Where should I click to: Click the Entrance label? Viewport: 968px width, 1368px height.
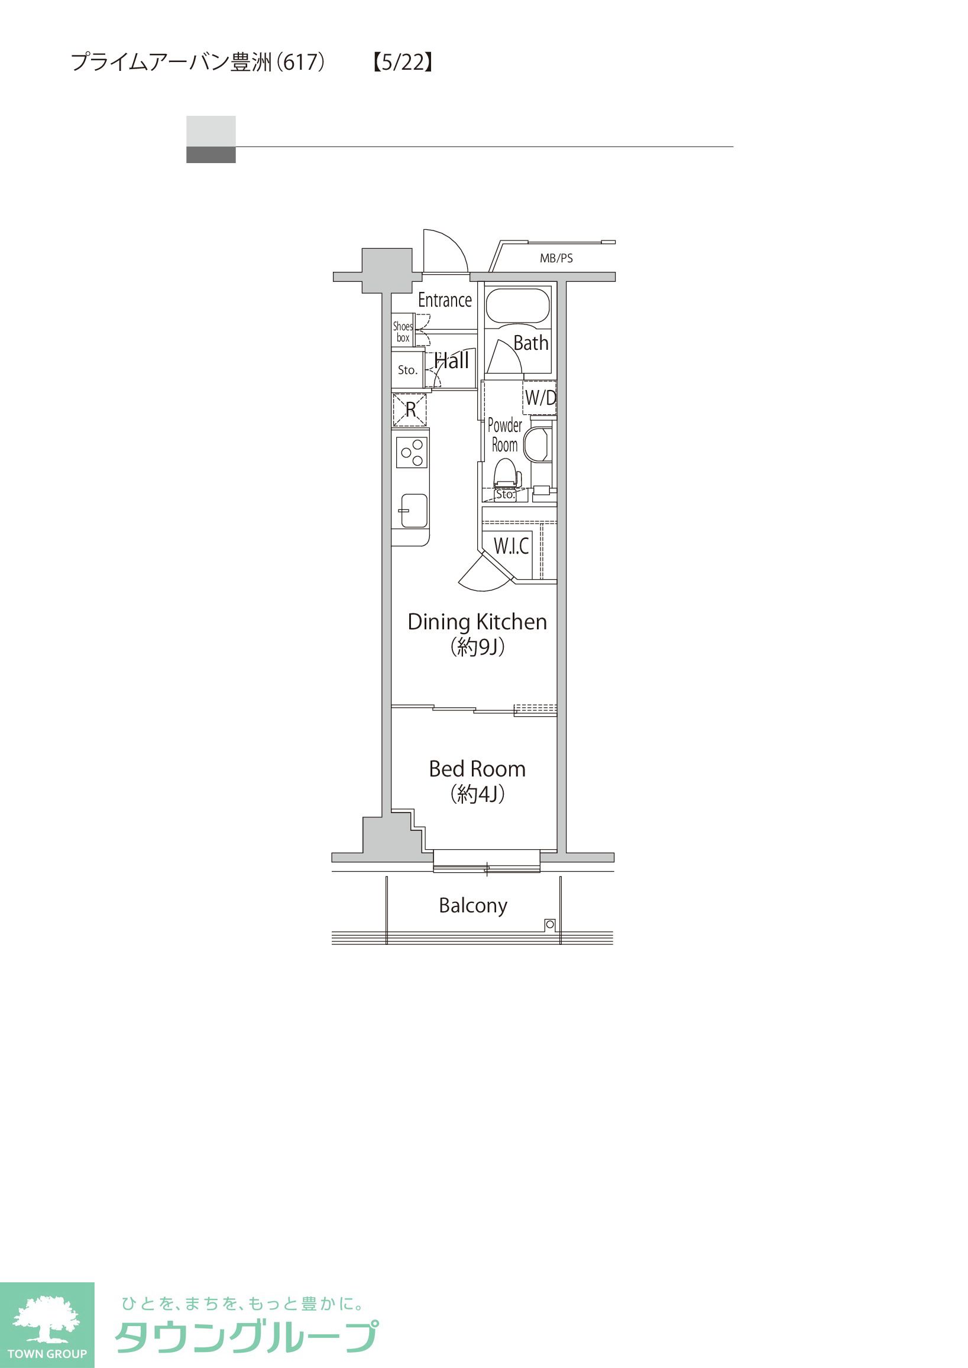445,300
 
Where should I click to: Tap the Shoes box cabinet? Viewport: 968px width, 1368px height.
403,331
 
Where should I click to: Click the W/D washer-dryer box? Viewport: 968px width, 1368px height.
540,398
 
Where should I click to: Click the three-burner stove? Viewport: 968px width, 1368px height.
412,453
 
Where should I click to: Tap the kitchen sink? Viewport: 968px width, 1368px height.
414,510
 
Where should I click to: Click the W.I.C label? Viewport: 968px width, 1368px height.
511,546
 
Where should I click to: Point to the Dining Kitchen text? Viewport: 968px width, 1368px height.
477,622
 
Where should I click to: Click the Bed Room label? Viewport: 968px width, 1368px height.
477,769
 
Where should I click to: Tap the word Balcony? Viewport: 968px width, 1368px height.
472,905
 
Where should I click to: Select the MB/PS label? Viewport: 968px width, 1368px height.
556,258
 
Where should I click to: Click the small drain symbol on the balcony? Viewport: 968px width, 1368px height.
549,925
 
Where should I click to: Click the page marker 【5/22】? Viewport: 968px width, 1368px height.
402,62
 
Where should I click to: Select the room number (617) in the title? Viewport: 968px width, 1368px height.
304,62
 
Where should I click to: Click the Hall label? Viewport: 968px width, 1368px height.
451,360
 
